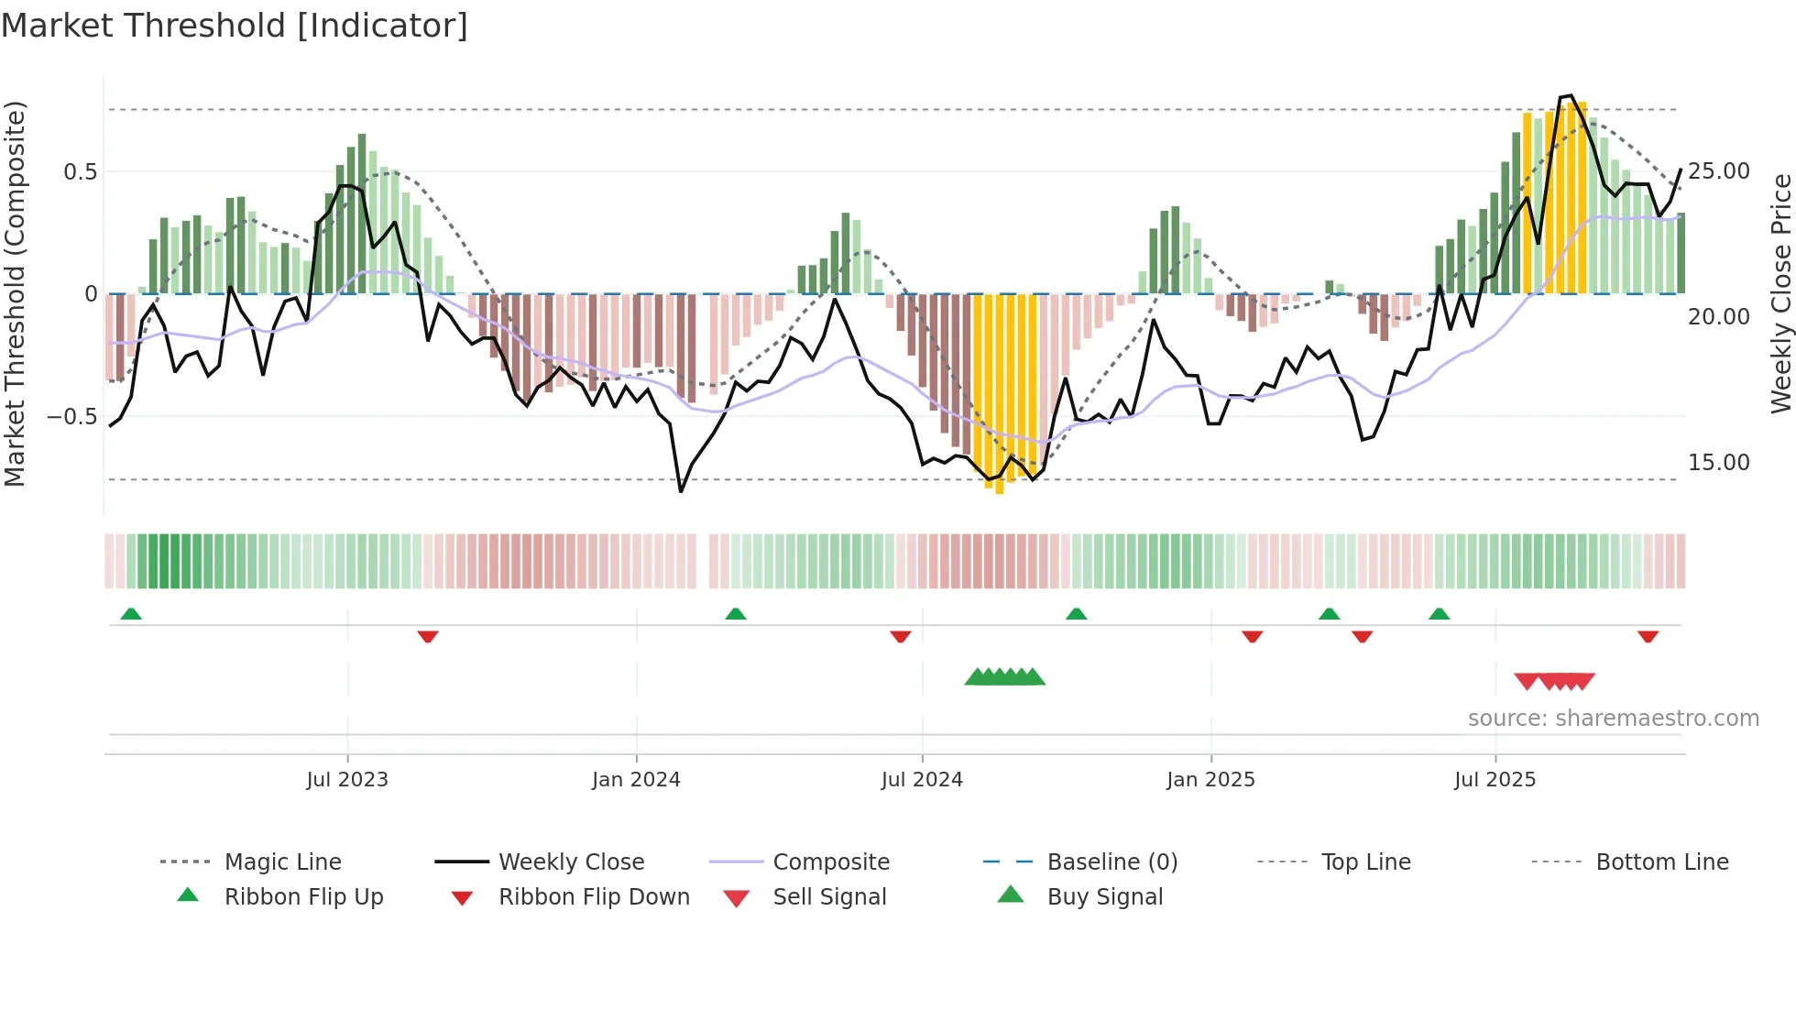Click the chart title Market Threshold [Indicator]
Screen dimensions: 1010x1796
(235, 26)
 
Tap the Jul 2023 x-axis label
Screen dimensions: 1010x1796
(347, 780)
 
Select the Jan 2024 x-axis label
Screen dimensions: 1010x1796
(636, 780)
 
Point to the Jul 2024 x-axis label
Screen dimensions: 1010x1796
(922, 780)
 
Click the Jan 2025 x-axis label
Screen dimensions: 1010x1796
(1210, 780)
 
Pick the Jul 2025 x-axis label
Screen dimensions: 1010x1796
(1495, 780)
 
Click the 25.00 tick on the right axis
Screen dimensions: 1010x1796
(1719, 171)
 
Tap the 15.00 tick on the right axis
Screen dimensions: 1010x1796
(1719, 463)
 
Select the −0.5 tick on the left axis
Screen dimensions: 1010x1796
(72, 417)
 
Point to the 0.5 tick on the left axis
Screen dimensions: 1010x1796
(81, 172)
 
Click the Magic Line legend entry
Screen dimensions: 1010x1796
(282, 862)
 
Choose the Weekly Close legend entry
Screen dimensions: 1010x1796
(571, 862)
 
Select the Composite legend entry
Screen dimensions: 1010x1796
(831, 862)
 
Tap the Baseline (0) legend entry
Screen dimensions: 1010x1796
(1112, 862)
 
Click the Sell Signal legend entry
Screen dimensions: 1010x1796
(829, 897)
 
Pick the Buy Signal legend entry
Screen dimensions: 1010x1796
(1104, 897)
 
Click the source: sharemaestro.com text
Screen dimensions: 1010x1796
(1613, 719)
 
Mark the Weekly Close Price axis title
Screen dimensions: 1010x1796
(1780, 293)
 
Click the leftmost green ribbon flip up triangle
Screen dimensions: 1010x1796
(131, 614)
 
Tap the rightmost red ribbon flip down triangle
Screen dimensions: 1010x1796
(1648, 636)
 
